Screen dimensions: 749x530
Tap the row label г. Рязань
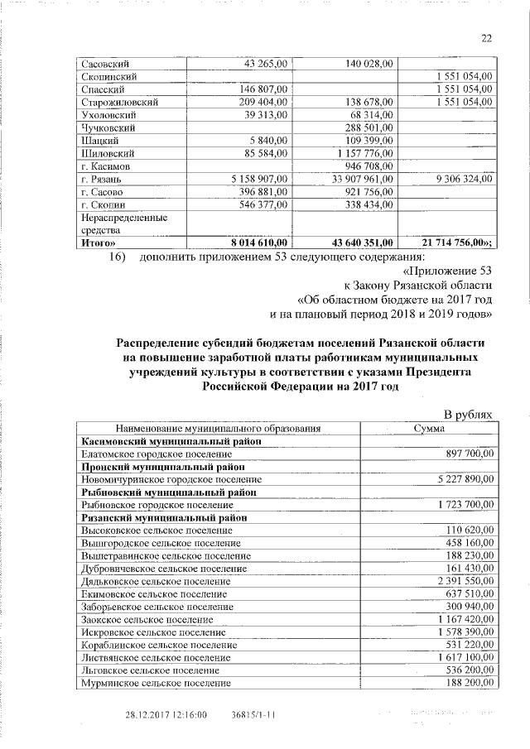pos(102,179)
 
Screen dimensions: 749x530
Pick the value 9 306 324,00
pos(457,179)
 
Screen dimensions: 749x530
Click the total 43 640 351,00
pos(360,242)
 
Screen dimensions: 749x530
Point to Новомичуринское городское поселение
pos(163,479)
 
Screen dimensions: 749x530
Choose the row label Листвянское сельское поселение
pos(154,657)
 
